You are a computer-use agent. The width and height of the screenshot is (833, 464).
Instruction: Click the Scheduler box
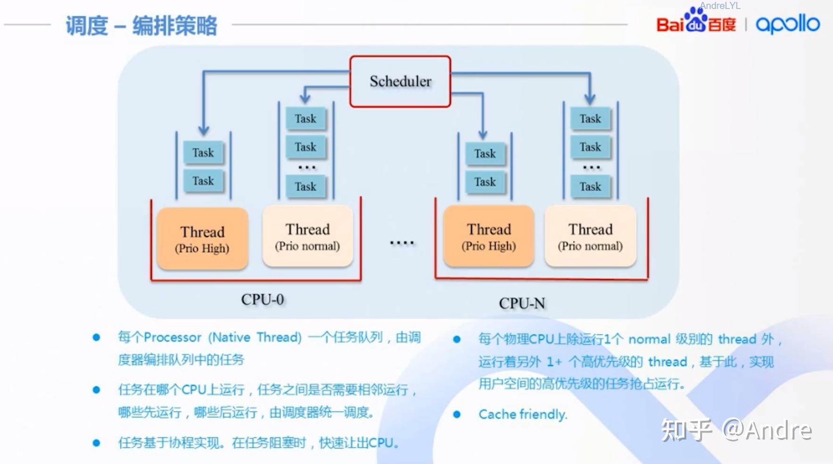click(x=400, y=81)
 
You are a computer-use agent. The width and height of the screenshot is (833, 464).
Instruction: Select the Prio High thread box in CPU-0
click(x=202, y=239)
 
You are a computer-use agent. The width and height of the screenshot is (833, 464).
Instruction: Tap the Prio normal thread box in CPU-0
click(x=307, y=236)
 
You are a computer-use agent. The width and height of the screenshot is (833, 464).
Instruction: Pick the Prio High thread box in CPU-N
click(x=489, y=236)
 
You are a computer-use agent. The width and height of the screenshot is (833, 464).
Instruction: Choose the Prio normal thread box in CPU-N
click(x=590, y=236)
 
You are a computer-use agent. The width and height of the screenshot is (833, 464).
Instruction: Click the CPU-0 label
click(x=263, y=300)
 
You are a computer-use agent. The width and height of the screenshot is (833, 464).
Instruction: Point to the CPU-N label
click(x=522, y=303)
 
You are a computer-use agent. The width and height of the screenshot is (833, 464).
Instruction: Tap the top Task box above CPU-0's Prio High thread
click(x=203, y=153)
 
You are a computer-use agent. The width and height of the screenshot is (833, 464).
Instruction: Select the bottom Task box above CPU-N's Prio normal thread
click(x=590, y=187)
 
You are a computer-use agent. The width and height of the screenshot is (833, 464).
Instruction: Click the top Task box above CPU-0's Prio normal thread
click(x=305, y=119)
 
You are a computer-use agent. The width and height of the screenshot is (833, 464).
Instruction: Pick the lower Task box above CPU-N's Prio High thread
click(x=485, y=182)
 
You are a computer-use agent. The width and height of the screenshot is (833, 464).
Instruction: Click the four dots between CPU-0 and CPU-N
click(x=402, y=243)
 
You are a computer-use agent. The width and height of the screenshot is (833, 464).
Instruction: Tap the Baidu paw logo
click(x=696, y=20)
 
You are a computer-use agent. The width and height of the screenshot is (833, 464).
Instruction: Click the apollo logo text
click(x=788, y=24)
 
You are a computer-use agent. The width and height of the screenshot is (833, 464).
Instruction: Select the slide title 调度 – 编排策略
click(x=141, y=25)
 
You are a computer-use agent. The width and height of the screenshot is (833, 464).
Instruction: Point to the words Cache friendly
click(x=523, y=415)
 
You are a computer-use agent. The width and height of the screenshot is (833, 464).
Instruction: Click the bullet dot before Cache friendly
click(x=456, y=415)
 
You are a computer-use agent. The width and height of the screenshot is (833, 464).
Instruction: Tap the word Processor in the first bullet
click(x=173, y=337)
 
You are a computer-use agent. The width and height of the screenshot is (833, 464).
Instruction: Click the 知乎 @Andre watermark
click(x=736, y=430)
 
